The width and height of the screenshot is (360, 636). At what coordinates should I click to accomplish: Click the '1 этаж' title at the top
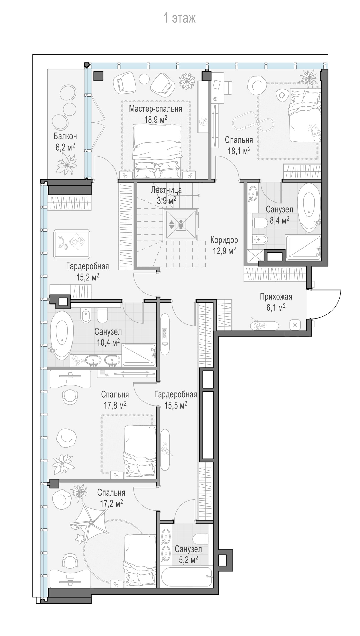(x=180, y=19)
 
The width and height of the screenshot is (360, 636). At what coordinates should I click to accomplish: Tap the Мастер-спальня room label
(x=155, y=109)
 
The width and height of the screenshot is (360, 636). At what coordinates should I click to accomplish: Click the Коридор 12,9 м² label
(x=224, y=245)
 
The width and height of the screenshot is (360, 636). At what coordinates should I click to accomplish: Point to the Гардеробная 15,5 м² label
(x=176, y=400)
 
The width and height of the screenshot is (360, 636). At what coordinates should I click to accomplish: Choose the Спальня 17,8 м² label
(x=115, y=400)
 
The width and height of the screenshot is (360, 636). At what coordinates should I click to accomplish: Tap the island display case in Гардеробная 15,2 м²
(x=72, y=244)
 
